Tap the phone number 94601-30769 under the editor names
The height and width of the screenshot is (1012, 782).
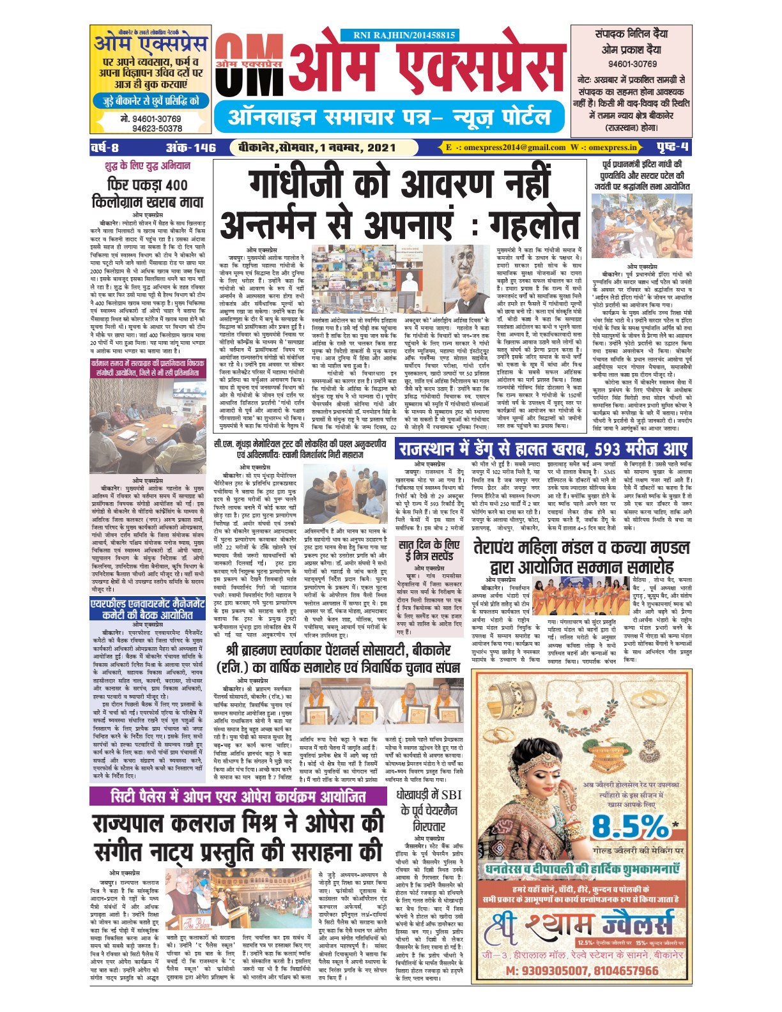click(632, 64)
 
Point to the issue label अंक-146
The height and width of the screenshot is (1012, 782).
click(191, 148)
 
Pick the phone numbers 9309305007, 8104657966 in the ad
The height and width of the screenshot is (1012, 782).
click(581, 970)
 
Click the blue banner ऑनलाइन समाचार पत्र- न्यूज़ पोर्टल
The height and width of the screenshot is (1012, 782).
click(389, 117)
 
